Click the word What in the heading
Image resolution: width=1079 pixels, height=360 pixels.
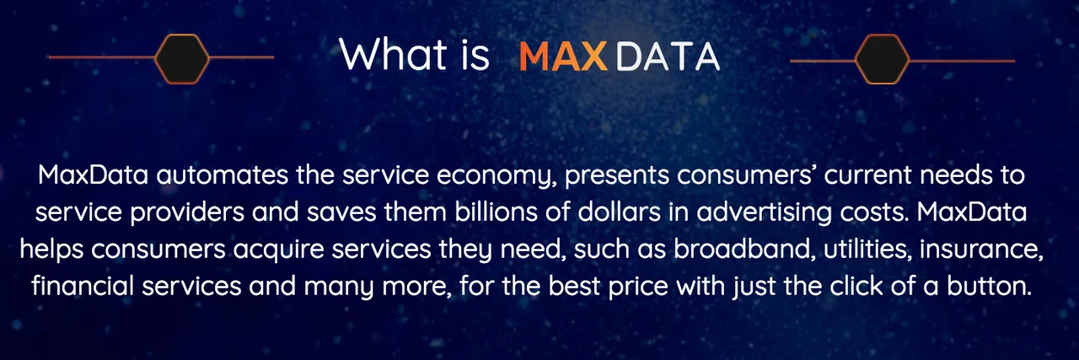click(x=393, y=55)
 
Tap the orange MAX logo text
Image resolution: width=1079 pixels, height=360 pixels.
click(x=564, y=56)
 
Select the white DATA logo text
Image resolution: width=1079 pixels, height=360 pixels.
click(x=668, y=56)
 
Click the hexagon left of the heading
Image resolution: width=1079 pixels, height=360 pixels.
click(x=182, y=59)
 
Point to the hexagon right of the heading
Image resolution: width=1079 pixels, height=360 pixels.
click(x=882, y=59)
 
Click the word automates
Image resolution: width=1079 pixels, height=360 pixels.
click(x=222, y=175)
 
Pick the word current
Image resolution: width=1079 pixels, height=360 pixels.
click(x=868, y=175)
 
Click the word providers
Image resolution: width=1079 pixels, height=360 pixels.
click(x=187, y=213)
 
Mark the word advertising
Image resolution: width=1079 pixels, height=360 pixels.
click(x=765, y=213)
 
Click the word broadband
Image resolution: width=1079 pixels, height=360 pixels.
click(x=744, y=250)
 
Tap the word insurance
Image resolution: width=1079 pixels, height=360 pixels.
click(x=981, y=250)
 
